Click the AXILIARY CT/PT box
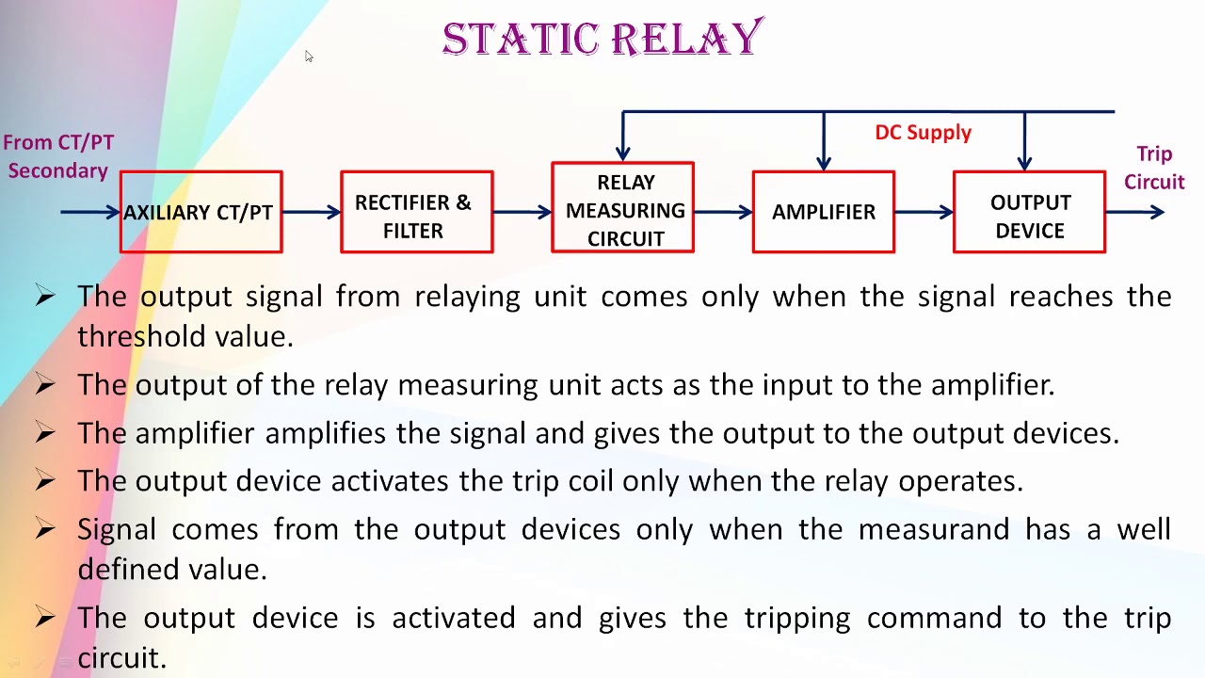point(201,212)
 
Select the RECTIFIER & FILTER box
point(416,212)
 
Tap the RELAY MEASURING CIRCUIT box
point(622,208)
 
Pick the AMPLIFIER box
point(823,212)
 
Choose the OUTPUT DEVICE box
point(1029,212)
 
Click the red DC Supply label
point(923,133)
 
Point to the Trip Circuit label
point(1153,168)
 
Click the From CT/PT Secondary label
point(58,156)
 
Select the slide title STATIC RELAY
point(602,40)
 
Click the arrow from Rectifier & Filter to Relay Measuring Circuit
point(522,212)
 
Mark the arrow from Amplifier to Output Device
point(924,212)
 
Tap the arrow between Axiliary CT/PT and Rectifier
point(312,212)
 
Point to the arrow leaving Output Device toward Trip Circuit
point(1135,212)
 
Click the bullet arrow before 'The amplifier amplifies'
point(44,432)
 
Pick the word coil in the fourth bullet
point(589,480)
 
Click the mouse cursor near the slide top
point(308,56)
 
